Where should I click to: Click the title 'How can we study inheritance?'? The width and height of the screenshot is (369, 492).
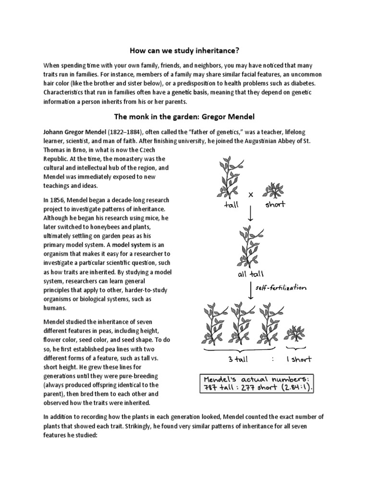(x=185, y=49)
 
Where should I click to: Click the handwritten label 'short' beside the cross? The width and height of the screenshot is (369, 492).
(x=274, y=204)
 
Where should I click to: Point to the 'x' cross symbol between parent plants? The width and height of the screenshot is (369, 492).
(x=250, y=195)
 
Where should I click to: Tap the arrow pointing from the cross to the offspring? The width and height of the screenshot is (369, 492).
(x=250, y=214)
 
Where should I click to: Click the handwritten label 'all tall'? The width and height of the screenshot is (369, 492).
(x=251, y=275)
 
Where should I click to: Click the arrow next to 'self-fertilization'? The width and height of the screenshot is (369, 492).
(x=250, y=290)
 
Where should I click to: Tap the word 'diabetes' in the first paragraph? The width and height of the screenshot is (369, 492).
(x=310, y=82)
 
